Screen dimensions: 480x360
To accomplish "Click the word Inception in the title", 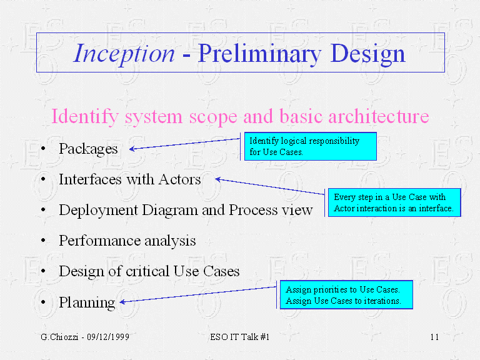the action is tap(124, 54).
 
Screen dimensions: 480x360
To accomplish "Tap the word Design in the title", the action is tap(367, 54).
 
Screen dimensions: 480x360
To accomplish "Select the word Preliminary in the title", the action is tap(259, 54).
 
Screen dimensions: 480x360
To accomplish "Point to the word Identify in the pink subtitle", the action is tap(85, 117).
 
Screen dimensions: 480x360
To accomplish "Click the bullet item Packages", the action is tap(88, 149).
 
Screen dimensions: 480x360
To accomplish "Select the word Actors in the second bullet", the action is tap(180, 179).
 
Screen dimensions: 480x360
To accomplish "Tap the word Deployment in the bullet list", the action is tap(98, 211).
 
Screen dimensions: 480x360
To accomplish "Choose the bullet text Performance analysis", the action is tap(127, 241).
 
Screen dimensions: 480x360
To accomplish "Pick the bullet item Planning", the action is tap(87, 302).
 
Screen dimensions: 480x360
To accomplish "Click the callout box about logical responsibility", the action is tap(311, 146).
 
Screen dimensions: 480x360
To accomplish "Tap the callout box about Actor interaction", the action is tap(394, 202).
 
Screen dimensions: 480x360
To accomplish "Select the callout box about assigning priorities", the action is tap(346, 295).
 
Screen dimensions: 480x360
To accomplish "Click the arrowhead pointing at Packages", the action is tap(132, 149).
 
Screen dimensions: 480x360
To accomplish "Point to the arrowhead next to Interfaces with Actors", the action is tap(218, 179).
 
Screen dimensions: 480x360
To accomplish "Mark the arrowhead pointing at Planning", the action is tap(122, 302).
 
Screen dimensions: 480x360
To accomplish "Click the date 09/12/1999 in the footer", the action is tap(107, 337).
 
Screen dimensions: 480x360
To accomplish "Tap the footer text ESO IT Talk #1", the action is tap(240, 337).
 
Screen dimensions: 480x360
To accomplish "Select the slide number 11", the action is tap(434, 337).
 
